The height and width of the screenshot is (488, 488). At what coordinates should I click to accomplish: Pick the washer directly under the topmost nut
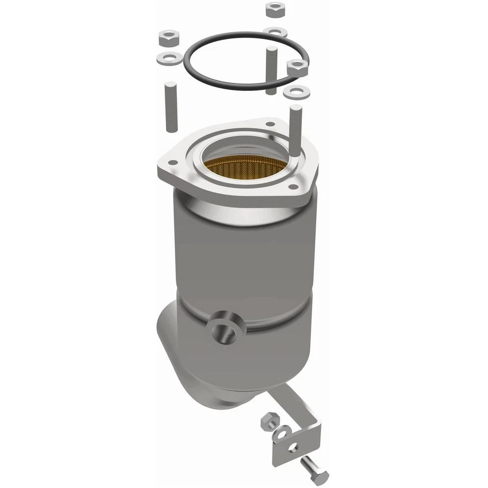275,32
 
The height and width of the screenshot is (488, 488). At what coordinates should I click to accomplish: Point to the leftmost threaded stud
170,106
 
